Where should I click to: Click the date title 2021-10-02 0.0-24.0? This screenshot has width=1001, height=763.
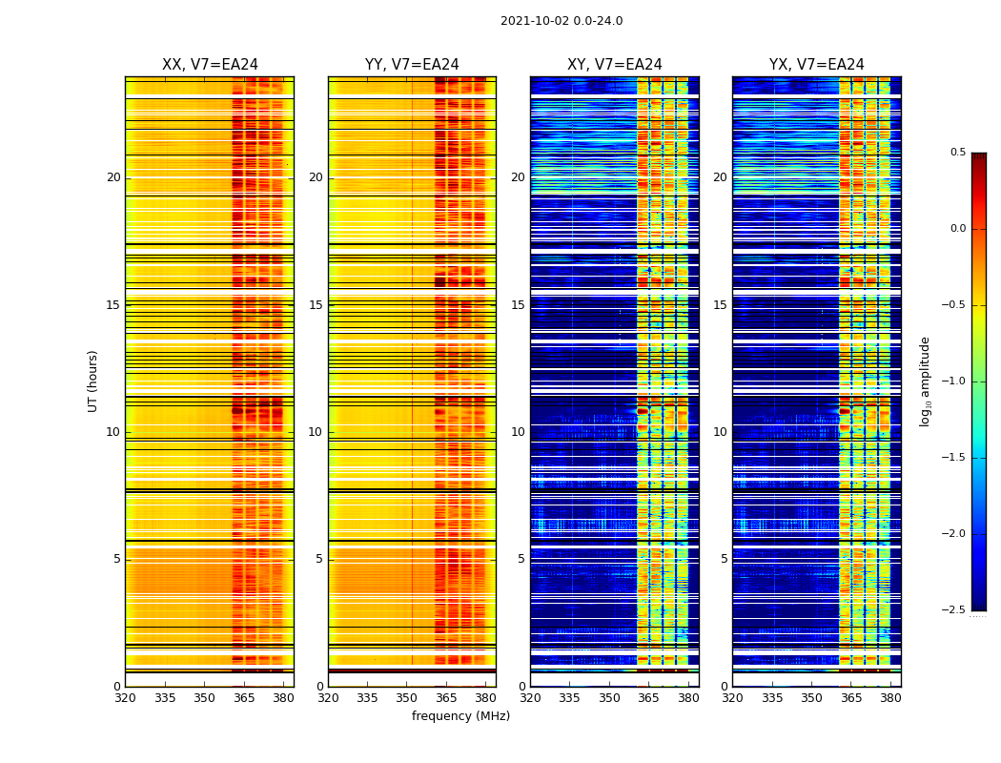(x=562, y=21)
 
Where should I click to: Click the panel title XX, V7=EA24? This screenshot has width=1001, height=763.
(x=210, y=65)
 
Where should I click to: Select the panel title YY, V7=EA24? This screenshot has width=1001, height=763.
(x=412, y=65)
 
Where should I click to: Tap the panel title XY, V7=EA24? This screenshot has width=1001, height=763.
(x=614, y=65)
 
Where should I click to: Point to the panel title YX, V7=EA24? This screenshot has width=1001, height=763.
(x=816, y=65)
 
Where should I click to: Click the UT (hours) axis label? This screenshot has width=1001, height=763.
(x=93, y=381)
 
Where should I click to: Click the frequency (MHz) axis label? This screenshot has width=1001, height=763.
(x=460, y=716)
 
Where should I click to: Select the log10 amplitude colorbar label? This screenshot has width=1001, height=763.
(x=925, y=381)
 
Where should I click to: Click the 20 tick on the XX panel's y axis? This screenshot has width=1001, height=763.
(x=113, y=177)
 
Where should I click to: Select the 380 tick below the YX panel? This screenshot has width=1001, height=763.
(x=890, y=698)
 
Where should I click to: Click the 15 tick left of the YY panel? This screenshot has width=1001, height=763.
(x=317, y=305)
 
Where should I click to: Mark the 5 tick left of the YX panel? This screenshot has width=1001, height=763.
(x=724, y=559)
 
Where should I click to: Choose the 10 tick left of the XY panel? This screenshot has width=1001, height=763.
(x=518, y=432)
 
